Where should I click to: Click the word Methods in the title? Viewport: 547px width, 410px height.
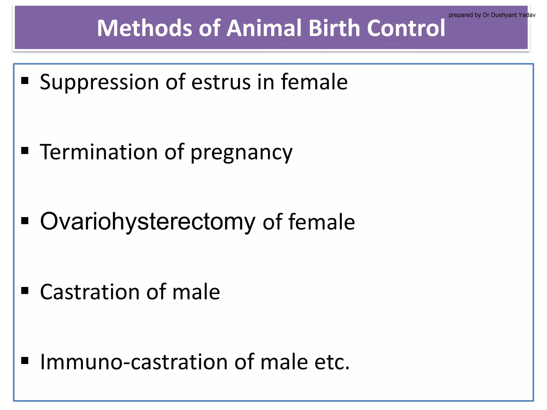pos(144,28)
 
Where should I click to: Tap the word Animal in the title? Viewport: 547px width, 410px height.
pos(264,28)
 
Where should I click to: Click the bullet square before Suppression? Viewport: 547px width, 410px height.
pos(25,80)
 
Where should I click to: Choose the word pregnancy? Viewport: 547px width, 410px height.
pos(241,153)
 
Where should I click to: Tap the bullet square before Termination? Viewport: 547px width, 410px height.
pos(25,151)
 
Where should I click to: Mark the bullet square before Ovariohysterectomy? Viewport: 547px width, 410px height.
pos(25,221)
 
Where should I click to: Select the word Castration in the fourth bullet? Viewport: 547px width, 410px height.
pos(90,292)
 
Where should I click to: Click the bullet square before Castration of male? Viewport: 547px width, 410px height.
pos(25,290)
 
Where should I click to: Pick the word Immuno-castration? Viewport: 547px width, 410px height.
pos(134,362)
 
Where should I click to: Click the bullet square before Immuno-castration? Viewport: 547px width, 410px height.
pos(25,361)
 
